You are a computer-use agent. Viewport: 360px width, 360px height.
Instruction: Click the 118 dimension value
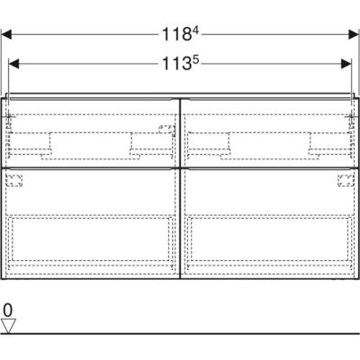pyautogui.click(x=176, y=34)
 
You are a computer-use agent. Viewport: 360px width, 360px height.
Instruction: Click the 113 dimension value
pyautogui.click(x=176, y=64)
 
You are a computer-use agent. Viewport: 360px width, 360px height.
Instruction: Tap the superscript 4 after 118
pyautogui.click(x=195, y=31)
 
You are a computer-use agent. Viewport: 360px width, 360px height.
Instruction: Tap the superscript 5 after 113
pyautogui.click(x=195, y=60)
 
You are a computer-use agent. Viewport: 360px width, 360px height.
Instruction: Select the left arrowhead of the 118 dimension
pyautogui.click(x=6, y=34)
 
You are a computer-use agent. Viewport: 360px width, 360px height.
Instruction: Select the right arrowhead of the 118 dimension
pyautogui.click(x=353, y=34)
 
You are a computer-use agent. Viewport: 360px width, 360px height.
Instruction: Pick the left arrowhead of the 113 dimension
pyautogui.click(x=13, y=64)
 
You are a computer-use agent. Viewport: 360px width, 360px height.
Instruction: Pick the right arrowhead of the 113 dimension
pyautogui.click(x=346, y=64)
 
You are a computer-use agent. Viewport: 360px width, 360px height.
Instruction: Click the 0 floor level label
pyautogui.click(x=8, y=310)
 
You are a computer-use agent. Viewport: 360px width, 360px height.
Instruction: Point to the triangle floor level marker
pyautogui.click(x=8, y=326)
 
